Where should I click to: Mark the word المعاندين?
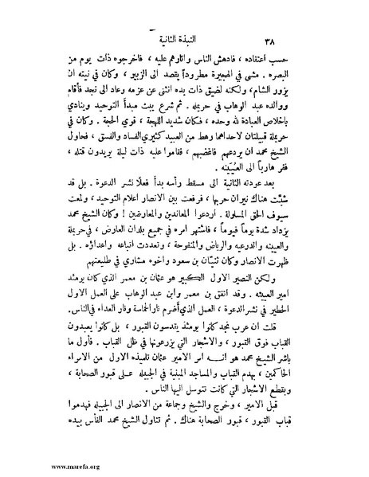(x=196, y=226)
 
